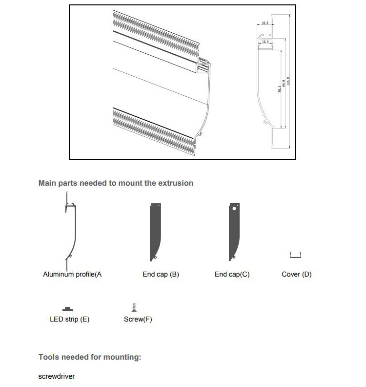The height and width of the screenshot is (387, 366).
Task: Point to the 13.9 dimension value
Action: pos(265,43)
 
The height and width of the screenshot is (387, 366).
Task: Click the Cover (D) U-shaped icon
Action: pos(295,255)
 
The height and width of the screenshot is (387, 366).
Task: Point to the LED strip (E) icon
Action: pos(68,308)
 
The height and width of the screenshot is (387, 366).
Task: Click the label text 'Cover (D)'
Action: pos(296,275)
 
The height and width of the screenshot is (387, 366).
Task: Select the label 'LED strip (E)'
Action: pos(70,320)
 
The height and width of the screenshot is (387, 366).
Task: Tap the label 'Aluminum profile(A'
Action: pos(72,275)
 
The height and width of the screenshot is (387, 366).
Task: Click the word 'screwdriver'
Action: pos(57,377)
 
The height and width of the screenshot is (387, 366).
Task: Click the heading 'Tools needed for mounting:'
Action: pos(90,357)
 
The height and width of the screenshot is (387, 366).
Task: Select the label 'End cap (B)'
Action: pos(161,275)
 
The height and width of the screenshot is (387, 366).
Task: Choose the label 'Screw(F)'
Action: pos(138,320)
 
